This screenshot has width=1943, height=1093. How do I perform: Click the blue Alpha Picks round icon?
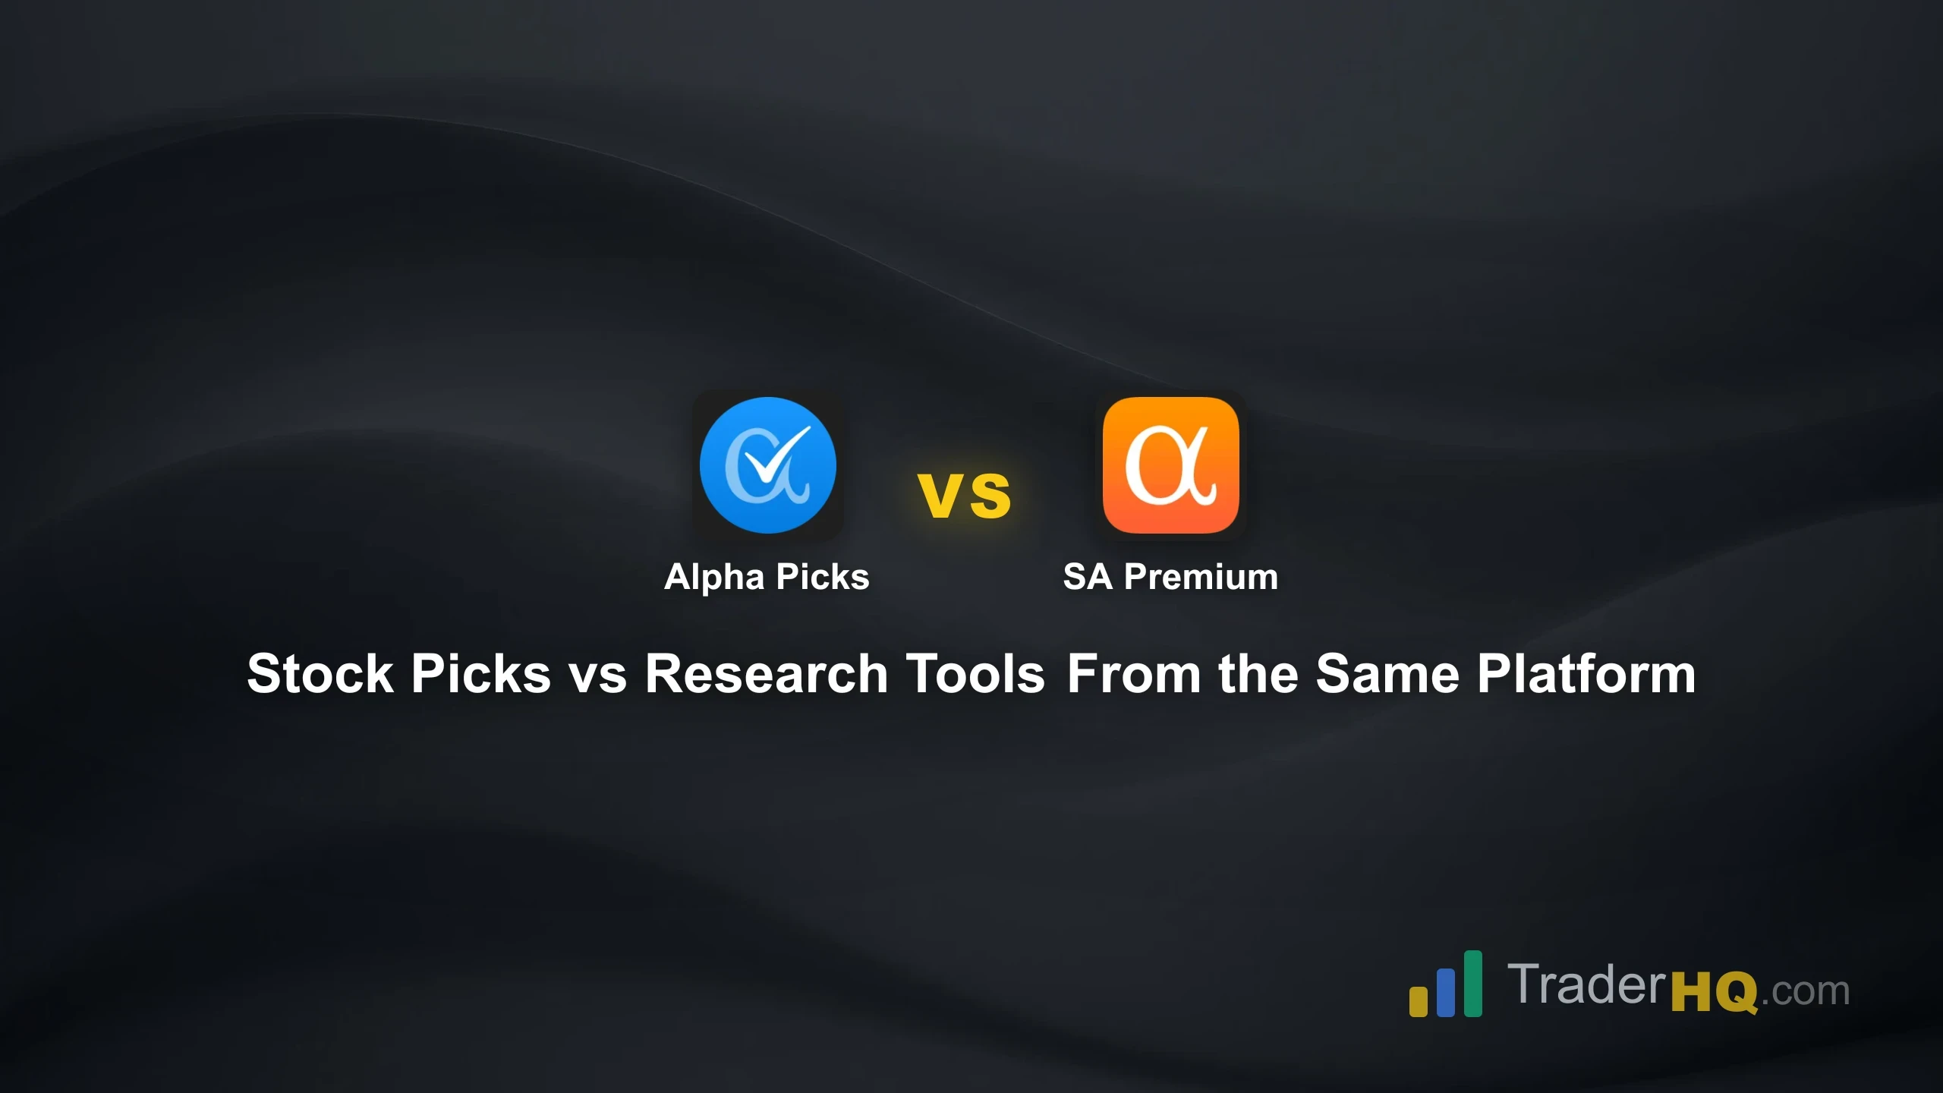(767, 465)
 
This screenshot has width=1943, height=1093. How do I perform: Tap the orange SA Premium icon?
(1170, 465)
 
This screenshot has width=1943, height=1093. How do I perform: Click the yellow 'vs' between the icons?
(964, 495)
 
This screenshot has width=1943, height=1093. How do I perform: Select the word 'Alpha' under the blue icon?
(713, 577)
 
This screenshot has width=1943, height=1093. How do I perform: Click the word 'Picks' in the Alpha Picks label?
(823, 577)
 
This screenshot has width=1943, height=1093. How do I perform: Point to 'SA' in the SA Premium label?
(1087, 577)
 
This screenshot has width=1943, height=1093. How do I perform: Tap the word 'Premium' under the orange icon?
(1201, 577)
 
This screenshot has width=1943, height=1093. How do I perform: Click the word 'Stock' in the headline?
(320, 674)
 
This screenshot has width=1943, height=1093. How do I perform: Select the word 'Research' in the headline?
(767, 674)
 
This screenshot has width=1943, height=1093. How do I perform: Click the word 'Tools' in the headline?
(976, 674)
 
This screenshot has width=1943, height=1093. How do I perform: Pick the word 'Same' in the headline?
(1387, 674)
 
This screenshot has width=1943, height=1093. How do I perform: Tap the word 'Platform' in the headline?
(1586, 674)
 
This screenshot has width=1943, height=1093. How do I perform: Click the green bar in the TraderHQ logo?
(1473, 983)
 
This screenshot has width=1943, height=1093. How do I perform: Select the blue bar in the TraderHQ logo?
(1446, 993)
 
